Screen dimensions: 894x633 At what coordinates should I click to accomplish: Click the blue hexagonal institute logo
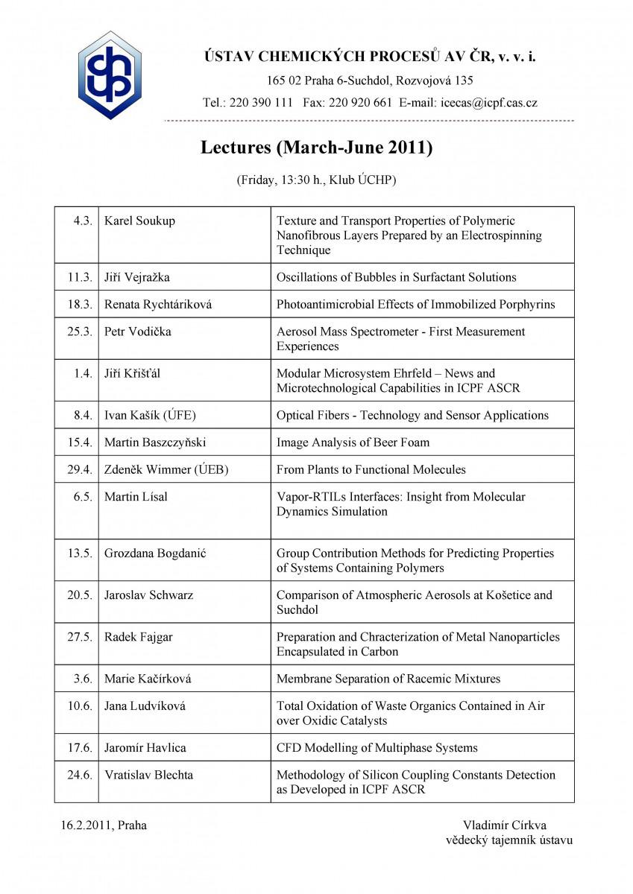coord(110,74)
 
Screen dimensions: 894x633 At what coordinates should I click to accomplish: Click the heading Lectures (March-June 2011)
coord(316,148)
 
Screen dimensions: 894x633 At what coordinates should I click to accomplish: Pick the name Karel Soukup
coord(139,221)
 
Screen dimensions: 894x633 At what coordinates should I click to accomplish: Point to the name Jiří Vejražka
coord(137,277)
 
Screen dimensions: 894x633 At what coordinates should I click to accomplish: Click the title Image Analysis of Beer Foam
coord(353,443)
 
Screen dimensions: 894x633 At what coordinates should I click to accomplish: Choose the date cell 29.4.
coord(80,469)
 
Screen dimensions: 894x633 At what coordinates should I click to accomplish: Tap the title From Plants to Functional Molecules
coord(371,469)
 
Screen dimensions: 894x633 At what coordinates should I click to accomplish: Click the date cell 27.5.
coord(80,637)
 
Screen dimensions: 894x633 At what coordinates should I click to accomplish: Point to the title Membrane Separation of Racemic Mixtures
coord(388,679)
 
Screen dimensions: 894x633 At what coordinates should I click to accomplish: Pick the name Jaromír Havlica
coord(145,748)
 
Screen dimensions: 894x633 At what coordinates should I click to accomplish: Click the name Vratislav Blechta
coord(148,775)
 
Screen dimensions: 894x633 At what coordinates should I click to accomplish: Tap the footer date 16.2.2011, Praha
coord(104,825)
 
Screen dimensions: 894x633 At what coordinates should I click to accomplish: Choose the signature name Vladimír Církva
coord(504,825)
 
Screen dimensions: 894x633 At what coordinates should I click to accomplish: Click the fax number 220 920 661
coord(360,103)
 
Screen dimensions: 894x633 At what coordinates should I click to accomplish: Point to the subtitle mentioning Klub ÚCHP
coord(316,180)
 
